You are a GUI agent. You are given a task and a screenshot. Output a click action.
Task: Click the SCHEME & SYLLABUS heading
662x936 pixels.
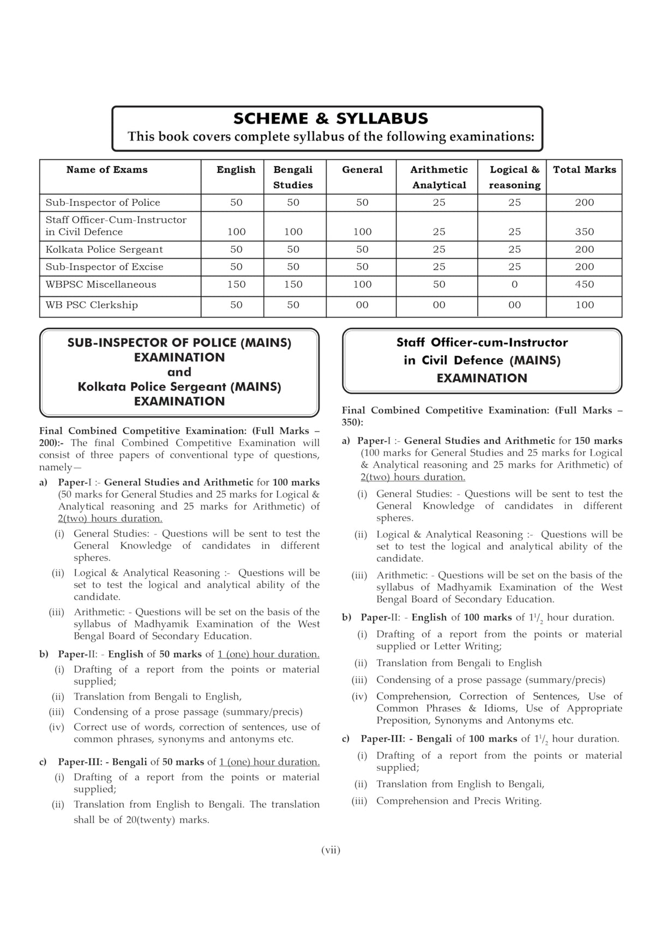coord(330,118)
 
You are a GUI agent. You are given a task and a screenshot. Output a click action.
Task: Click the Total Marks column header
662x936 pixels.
coord(584,170)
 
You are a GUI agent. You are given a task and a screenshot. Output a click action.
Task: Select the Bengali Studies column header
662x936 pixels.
coord(293,177)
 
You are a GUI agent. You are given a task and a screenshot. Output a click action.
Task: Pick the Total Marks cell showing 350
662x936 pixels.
coord(584,232)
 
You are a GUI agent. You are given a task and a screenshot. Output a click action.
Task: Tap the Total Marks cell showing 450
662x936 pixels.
coord(584,284)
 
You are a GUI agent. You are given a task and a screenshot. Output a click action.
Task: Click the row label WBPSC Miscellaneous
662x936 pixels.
coord(101,284)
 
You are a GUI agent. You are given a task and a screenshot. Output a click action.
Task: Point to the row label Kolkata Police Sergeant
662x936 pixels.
coord(104,250)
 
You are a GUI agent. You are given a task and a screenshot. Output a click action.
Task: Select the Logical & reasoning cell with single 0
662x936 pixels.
coord(514,284)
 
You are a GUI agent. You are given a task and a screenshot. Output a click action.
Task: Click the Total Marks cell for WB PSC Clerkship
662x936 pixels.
coord(584,305)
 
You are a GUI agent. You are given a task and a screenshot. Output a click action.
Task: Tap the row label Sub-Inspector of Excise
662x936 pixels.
coord(104,267)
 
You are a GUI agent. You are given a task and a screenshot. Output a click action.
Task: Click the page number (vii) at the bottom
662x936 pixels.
coord(330,850)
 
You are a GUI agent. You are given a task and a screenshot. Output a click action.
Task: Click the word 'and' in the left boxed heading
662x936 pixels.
coord(179,372)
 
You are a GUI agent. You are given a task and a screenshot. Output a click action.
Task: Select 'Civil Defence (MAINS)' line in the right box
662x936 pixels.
coord(482,361)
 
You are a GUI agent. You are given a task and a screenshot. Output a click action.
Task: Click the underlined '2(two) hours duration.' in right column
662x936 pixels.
coord(413,477)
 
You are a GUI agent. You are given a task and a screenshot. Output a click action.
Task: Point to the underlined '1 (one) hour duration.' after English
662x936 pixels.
coord(268,654)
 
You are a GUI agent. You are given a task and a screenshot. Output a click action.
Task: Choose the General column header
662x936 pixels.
coord(362,170)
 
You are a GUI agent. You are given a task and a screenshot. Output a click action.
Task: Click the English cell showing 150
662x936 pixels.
coord(236,284)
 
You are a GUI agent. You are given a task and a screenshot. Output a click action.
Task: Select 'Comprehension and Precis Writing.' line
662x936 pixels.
coord(459,801)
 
